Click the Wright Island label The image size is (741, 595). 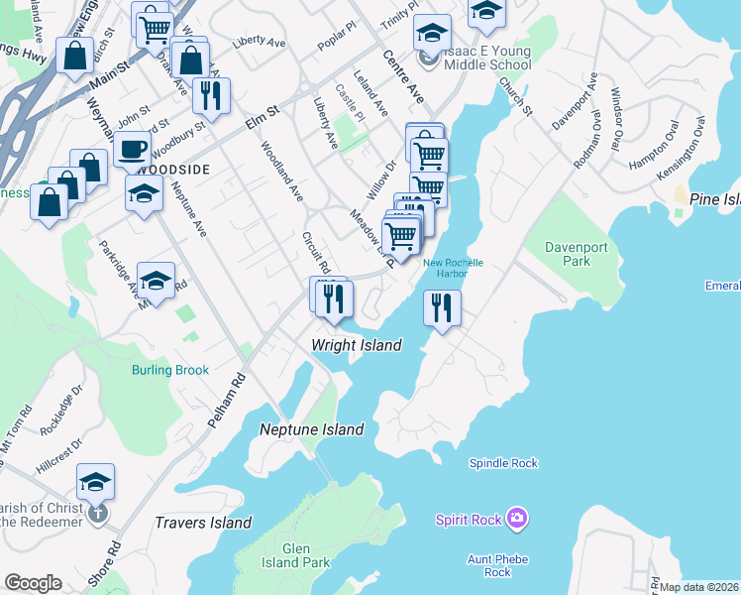357,345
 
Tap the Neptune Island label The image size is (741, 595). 312,429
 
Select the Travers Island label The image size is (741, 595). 203,523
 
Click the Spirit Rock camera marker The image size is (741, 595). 515,519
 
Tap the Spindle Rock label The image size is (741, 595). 503,463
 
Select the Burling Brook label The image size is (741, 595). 170,370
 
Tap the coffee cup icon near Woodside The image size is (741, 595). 132,151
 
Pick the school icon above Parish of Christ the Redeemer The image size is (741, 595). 95,482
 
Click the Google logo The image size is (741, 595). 33,582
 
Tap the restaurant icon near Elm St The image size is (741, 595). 210,95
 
